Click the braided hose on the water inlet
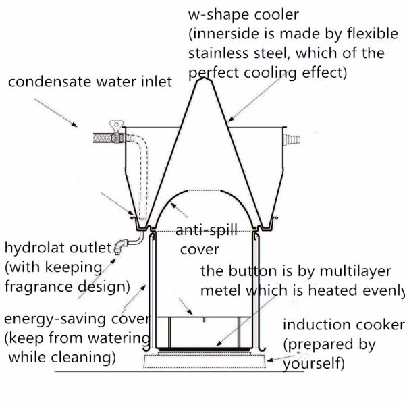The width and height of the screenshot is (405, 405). [x=105, y=139]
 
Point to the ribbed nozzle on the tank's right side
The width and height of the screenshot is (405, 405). [x=290, y=140]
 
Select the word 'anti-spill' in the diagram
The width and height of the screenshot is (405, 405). [x=207, y=231]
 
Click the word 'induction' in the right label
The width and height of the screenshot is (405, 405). [x=315, y=325]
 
